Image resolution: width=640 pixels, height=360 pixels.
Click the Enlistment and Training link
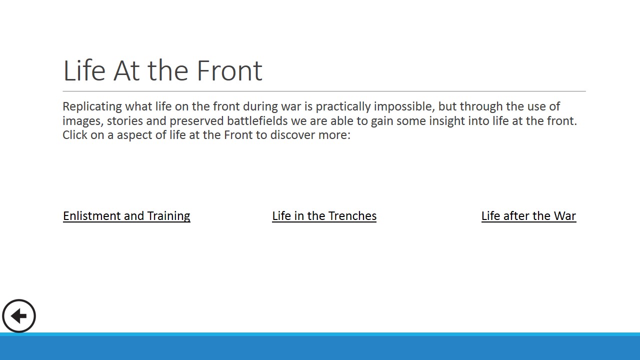coord(126,216)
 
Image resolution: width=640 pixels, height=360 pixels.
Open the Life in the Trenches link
coord(324,216)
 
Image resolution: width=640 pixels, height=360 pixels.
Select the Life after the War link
coord(528,216)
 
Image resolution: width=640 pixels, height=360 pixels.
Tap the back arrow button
coord(19,316)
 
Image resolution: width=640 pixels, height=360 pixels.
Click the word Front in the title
coord(229,70)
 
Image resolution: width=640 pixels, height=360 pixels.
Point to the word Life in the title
coord(84,70)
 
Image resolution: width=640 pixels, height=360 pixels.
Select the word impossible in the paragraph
coord(404,106)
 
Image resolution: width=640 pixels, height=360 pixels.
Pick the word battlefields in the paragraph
coord(257,121)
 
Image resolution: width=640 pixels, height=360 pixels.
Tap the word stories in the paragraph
coord(124,121)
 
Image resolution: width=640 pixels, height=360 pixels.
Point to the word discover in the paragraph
coord(292,135)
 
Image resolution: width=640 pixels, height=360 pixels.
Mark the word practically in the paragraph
coord(343,106)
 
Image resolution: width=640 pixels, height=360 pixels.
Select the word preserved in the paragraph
coord(196,121)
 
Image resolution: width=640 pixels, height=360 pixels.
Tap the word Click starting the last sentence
coord(75,135)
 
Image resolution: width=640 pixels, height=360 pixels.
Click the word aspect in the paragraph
coord(134,135)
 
